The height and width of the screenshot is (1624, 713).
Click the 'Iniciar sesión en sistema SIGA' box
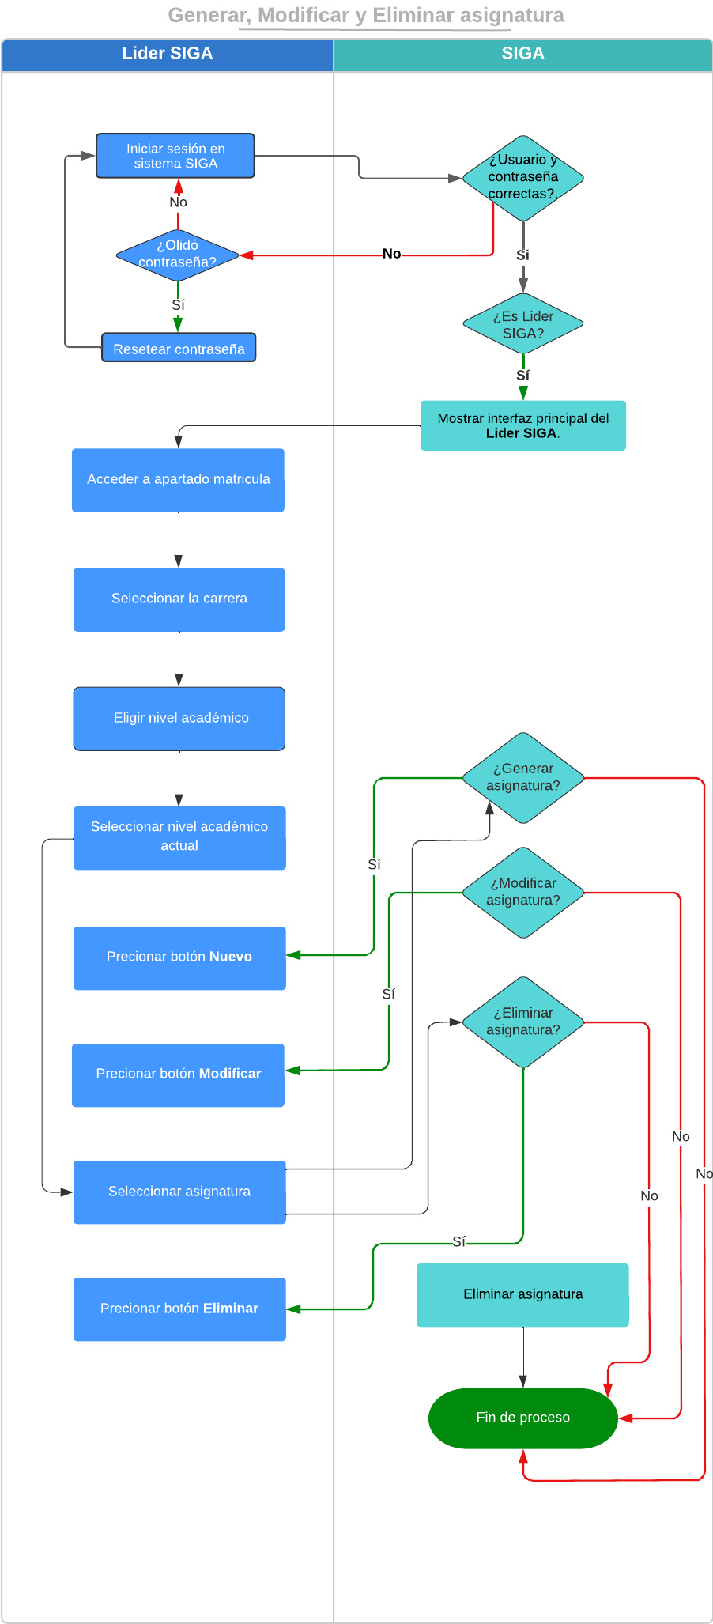pyautogui.click(x=175, y=156)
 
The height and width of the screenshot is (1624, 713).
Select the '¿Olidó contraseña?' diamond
pyautogui.click(x=177, y=255)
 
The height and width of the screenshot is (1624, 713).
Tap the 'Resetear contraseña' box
pyautogui.click(x=179, y=348)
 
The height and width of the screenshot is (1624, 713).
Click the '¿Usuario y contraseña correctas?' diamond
pyautogui.click(x=522, y=177)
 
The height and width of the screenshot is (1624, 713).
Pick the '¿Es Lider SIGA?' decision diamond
pyautogui.click(x=522, y=324)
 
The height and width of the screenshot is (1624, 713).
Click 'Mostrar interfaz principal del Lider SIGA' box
pyautogui.click(x=522, y=425)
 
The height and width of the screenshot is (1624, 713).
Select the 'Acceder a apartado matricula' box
pyautogui.click(x=178, y=480)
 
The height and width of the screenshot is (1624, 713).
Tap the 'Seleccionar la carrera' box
pyautogui.click(x=179, y=599)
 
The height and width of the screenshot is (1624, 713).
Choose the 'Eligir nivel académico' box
pyautogui.click(x=179, y=718)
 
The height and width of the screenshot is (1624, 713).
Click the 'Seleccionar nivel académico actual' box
pyautogui.click(x=179, y=837)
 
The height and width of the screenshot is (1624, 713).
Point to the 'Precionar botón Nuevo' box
pyautogui.click(x=179, y=957)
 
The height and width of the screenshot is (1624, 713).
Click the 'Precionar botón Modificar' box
pyautogui.click(x=178, y=1074)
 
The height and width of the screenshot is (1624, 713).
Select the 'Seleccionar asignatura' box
pyautogui.click(x=179, y=1192)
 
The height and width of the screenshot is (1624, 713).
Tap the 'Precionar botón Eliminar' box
pyautogui.click(x=179, y=1309)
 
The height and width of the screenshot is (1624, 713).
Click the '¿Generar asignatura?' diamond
pyautogui.click(x=522, y=777)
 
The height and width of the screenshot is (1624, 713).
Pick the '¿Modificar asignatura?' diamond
pyautogui.click(x=522, y=892)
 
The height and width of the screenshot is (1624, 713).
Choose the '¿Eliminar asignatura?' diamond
pyautogui.click(x=522, y=1022)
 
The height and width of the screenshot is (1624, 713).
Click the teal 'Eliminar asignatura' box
pyautogui.click(x=522, y=1294)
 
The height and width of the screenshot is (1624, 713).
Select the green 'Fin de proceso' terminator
pyautogui.click(x=522, y=1418)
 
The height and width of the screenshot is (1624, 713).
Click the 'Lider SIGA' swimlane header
pyautogui.click(x=167, y=54)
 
